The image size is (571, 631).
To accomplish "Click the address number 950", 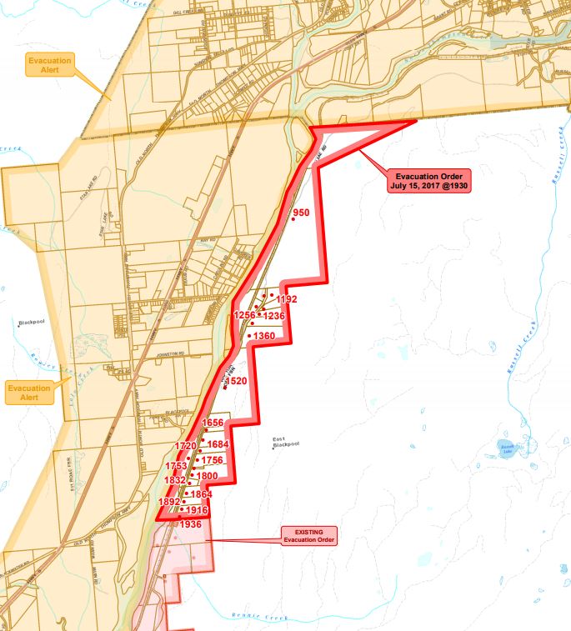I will (x=301, y=213).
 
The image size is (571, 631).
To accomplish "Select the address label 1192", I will (x=286, y=298).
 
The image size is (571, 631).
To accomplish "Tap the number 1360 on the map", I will (x=263, y=335).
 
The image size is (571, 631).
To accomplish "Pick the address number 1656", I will (x=213, y=423).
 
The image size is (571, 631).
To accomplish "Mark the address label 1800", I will (x=207, y=475).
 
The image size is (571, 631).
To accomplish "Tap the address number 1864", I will (x=202, y=494).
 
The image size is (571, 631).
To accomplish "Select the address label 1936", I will (x=190, y=524).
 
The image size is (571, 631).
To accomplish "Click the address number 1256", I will (x=245, y=315).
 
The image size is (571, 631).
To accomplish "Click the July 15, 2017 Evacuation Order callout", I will (x=430, y=181).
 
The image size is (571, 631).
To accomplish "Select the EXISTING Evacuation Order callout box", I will (x=308, y=535).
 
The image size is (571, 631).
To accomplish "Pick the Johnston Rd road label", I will (x=173, y=355).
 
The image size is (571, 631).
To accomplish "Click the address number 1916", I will (x=197, y=510).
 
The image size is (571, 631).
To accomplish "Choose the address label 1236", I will (x=274, y=316).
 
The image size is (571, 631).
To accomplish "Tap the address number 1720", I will (x=185, y=446).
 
